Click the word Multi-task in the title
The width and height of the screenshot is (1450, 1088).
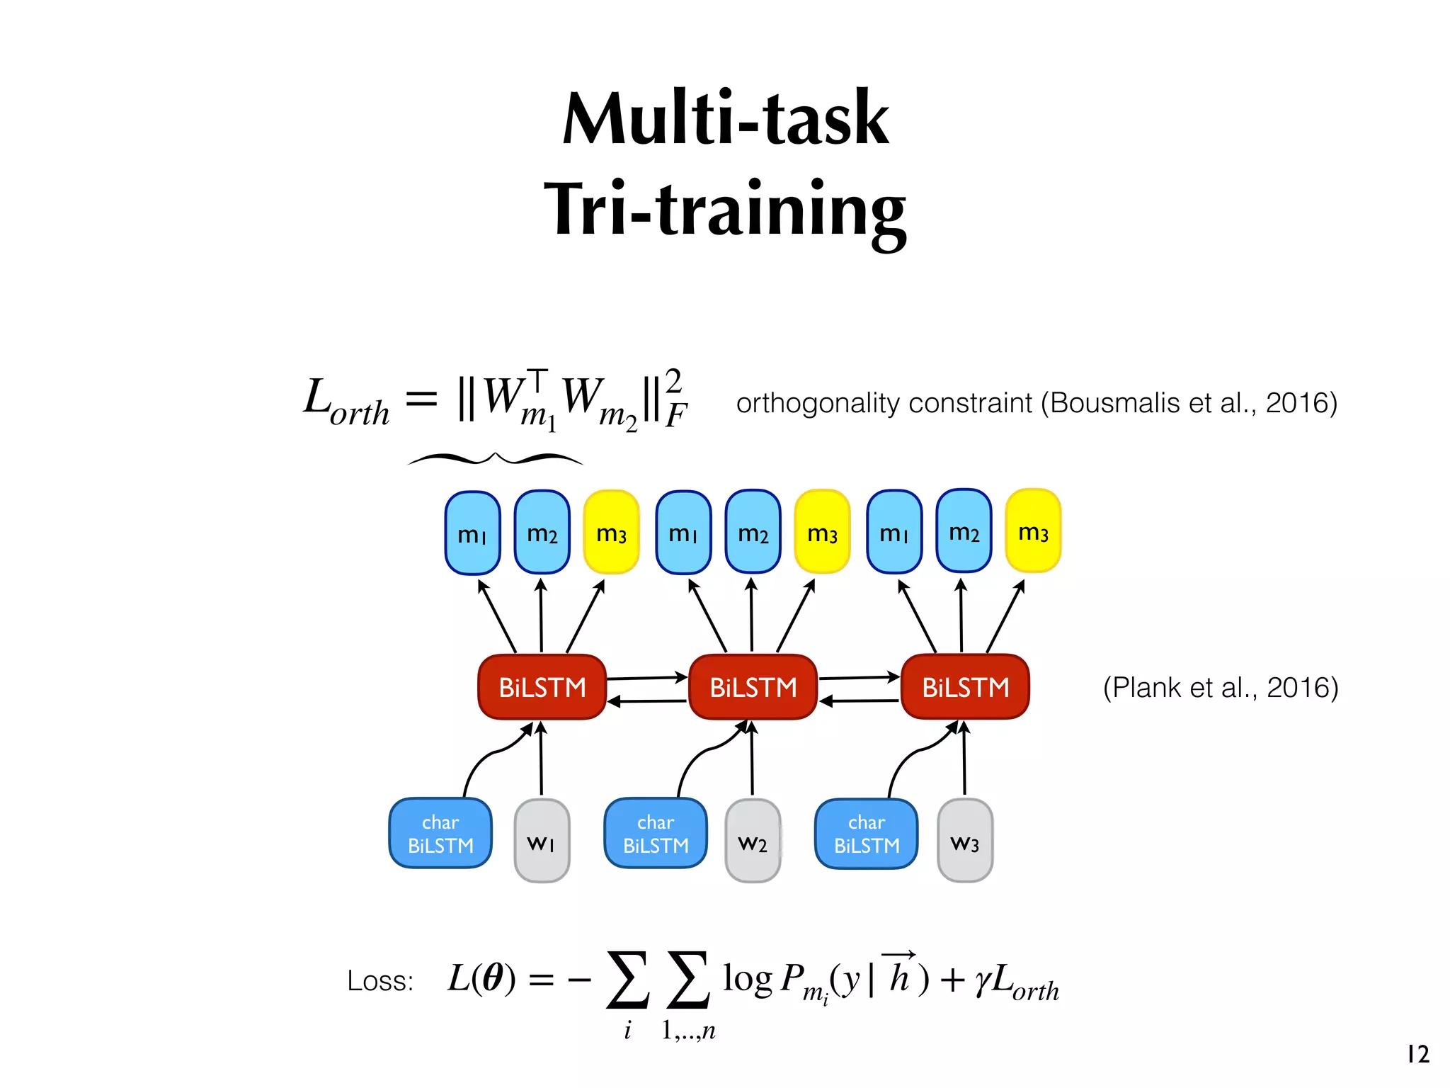tap(725, 118)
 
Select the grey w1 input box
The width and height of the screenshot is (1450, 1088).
tap(542, 841)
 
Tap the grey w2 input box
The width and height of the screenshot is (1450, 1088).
tap(753, 841)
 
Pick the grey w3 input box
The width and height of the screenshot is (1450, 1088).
tap(964, 841)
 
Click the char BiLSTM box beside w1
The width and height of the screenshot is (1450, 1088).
tap(440, 834)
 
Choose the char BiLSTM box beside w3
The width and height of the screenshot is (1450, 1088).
tap(866, 834)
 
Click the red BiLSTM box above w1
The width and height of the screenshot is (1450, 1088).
tap(542, 687)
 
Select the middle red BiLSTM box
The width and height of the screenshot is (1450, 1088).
tap(753, 687)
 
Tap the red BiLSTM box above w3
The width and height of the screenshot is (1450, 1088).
tap(965, 687)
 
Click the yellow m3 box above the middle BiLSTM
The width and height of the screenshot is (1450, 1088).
tap(822, 532)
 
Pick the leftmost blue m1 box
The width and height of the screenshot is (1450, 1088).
tap(472, 533)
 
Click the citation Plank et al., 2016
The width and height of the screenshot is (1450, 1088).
tap(1221, 687)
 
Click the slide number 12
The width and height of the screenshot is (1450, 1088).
tap(1418, 1054)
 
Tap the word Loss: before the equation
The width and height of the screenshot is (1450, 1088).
tap(380, 982)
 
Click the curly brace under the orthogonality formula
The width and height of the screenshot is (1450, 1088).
tap(496, 459)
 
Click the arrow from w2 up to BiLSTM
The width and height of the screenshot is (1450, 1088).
tap(752, 758)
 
